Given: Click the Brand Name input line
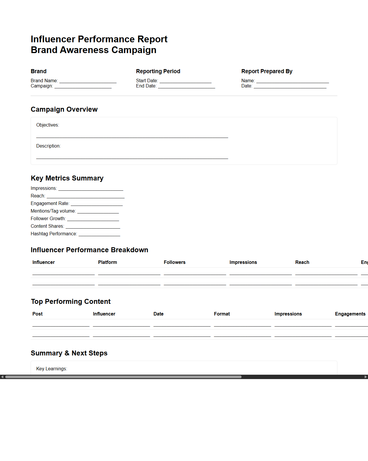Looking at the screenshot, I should [x=88, y=81].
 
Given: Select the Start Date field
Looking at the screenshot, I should [x=185, y=81].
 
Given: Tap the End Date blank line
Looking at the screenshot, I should [x=186, y=86].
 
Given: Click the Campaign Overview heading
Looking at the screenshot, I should [x=64, y=109].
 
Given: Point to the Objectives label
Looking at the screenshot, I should [x=47, y=125].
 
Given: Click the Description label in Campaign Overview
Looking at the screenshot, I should [x=48, y=146].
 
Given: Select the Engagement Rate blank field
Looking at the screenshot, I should [x=96, y=204].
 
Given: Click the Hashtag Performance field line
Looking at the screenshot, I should [x=99, y=234].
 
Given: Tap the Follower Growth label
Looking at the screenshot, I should [x=48, y=219].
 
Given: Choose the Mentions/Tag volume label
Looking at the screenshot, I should [x=53, y=211].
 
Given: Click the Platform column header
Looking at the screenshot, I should [x=108, y=262].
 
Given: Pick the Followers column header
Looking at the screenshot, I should [x=175, y=262].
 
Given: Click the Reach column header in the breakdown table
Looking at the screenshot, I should [x=302, y=262].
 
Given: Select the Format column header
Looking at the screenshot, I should [x=222, y=314].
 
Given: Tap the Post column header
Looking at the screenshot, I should [x=37, y=314].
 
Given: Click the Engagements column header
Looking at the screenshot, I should [x=350, y=314].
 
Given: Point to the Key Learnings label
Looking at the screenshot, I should [x=52, y=369].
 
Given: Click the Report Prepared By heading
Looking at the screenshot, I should [x=267, y=71].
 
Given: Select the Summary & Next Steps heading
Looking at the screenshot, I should [x=69, y=353].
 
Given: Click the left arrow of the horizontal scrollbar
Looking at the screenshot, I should [x=2, y=377].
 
